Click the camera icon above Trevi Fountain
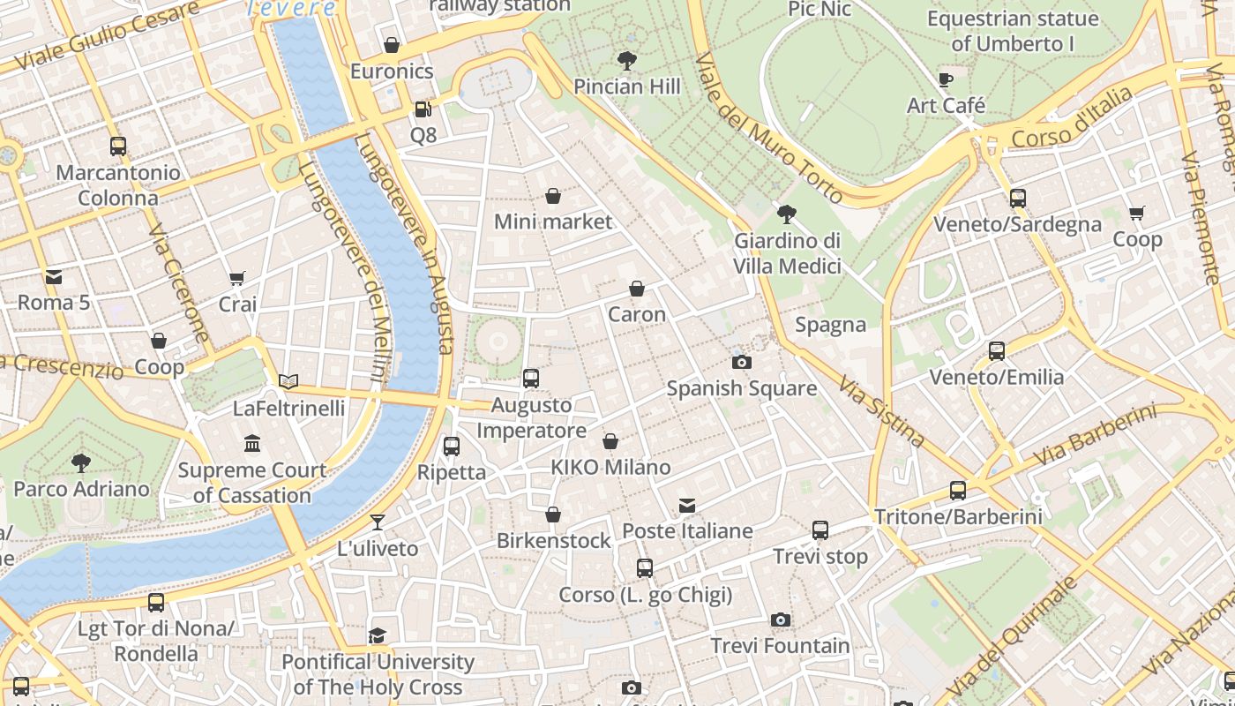pyautogui.click(x=780, y=620)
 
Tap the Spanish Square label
pyautogui.click(x=741, y=388)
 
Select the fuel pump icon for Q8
pyautogui.click(x=423, y=109)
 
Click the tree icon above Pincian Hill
pyautogui.click(x=627, y=61)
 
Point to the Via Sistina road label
pyautogui.click(x=881, y=411)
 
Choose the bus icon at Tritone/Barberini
pyautogui.click(x=958, y=491)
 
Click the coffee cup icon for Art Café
pyautogui.click(x=946, y=80)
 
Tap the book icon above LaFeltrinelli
pyautogui.click(x=288, y=382)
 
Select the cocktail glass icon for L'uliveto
pyautogui.click(x=378, y=522)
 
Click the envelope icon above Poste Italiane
pyautogui.click(x=687, y=506)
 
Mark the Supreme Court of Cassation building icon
pyautogui.click(x=252, y=443)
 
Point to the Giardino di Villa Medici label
pyautogui.click(x=787, y=253)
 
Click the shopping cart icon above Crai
pyautogui.click(x=236, y=279)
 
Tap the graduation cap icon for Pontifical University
pyautogui.click(x=378, y=635)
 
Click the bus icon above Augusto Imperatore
pyautogui.click(x=530, y=379)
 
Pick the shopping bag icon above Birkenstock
pyautogui.click(x=553, y=514)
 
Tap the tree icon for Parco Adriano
pyautogui.click(x=81, y=462)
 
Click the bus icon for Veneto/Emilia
pyautogui.click(x=997, y=351)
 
